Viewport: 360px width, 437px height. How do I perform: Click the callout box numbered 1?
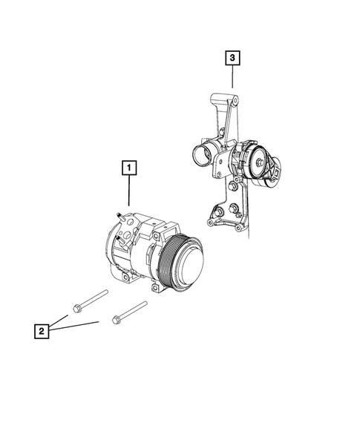(x=128, y=169)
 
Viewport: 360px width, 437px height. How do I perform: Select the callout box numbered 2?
(x=42, y=330)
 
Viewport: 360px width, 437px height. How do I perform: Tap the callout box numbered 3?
(x=232, y=57)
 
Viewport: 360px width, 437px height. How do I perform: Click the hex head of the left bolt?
(x=78, y=306)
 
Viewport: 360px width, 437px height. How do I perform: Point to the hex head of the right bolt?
(x=117, y=320)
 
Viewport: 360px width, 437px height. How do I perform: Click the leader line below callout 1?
(x=128, y=193)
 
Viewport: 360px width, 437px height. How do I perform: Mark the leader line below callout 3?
(x=232, y=78)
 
